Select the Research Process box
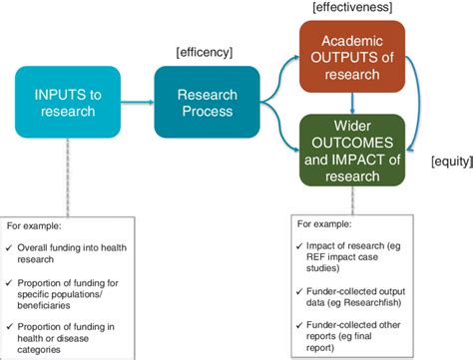pyautogui.click(x=207, y=102)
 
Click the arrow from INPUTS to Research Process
pyautogui.click(x=135, y=102)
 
